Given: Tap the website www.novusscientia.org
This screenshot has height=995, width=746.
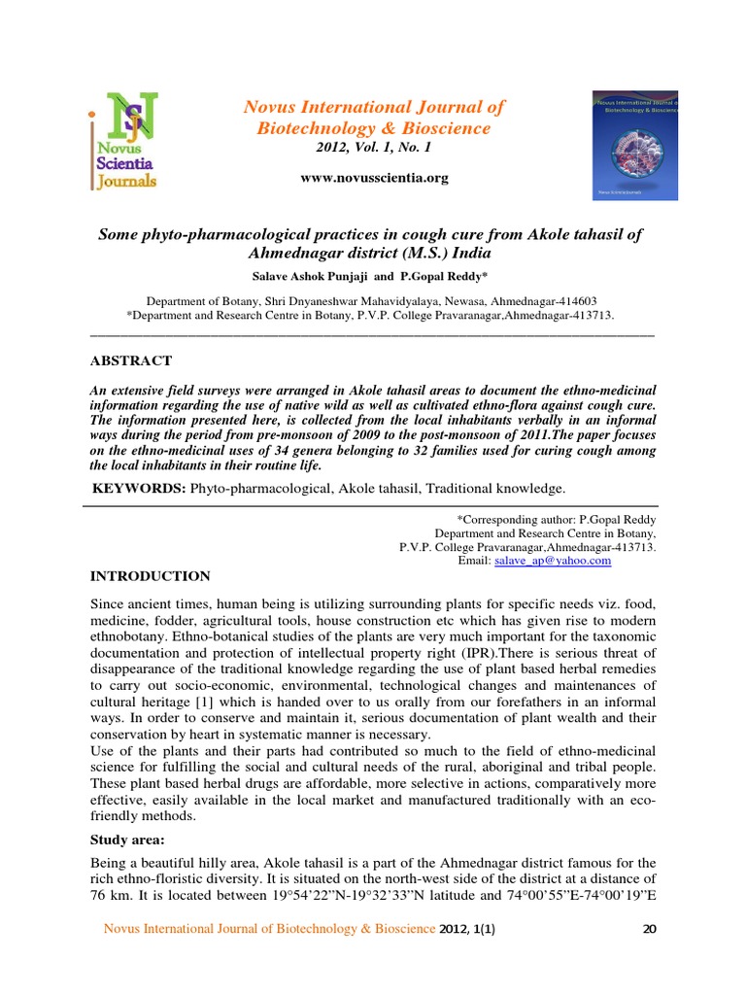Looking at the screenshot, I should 374,178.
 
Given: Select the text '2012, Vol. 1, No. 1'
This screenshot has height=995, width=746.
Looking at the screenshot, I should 374,148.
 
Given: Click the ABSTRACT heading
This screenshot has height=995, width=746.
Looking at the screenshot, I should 130,360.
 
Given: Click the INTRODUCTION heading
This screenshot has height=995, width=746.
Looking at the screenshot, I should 150,576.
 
